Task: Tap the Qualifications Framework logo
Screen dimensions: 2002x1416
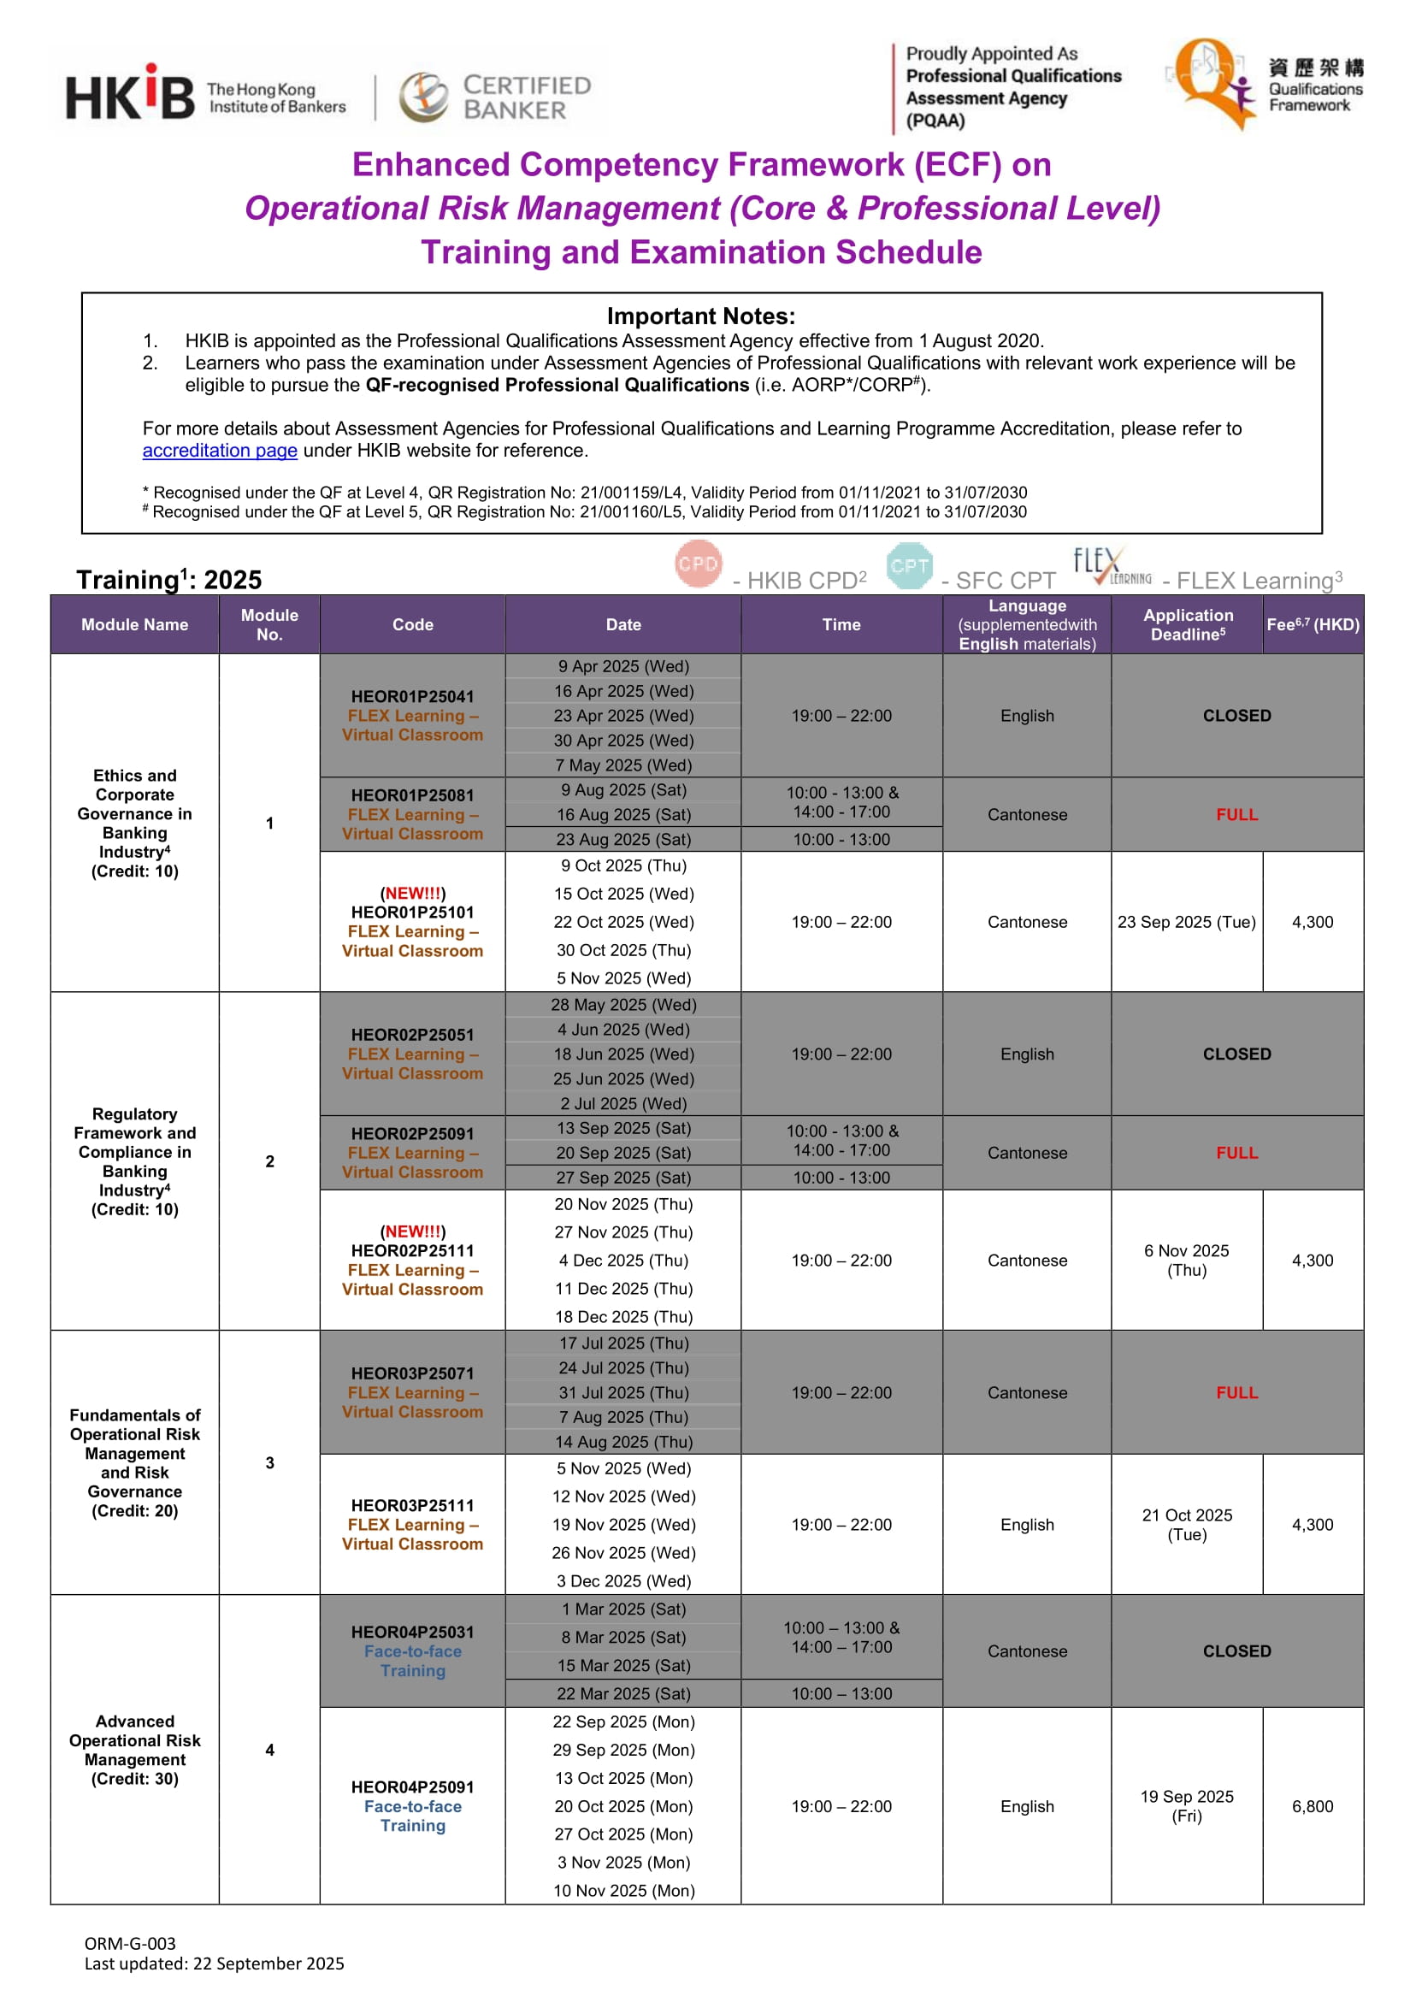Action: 1265,84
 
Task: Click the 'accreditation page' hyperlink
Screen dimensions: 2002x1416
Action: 220,451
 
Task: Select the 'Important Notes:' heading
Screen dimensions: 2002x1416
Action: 701,316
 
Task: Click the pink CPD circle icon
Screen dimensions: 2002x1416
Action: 699,564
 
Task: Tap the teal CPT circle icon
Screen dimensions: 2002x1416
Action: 909,566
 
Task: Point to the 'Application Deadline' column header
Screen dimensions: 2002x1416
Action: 1188,624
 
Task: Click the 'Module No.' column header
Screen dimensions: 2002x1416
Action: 269,624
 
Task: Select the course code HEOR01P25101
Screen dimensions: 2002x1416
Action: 412,912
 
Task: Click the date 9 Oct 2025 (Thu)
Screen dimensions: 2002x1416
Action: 623,865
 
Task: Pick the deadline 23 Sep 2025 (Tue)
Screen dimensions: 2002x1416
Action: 1187,922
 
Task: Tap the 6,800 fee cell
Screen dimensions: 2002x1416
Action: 1313,1806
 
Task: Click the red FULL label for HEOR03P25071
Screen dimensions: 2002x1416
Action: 1236,1392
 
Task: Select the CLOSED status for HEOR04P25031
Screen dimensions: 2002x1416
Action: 1236,1651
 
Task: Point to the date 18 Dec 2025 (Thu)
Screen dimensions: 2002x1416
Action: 623,1317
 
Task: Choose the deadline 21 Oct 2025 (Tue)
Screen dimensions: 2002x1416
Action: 1187,1524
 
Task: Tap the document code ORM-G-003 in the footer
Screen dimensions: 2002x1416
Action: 130,1943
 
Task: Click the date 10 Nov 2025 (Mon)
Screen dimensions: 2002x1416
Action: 623,1890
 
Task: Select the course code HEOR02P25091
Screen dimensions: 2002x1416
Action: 412,1133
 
